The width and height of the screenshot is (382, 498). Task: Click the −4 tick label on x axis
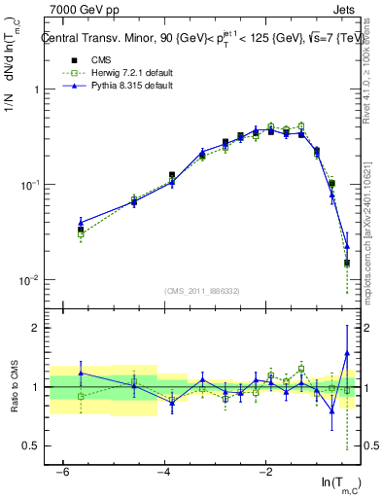pyautogui.click(x=164, y=471)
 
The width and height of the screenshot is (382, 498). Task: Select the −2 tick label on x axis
pyautogui.click(x=265, y=471)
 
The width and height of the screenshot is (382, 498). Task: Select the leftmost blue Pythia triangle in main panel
pyautogui.click(x=82, y=222)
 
